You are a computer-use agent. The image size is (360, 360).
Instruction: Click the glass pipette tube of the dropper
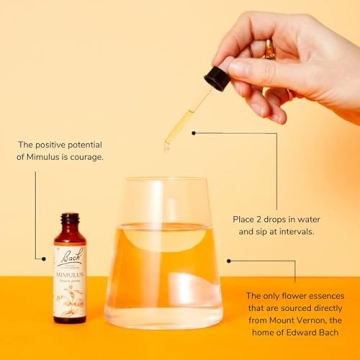[180, 120]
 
